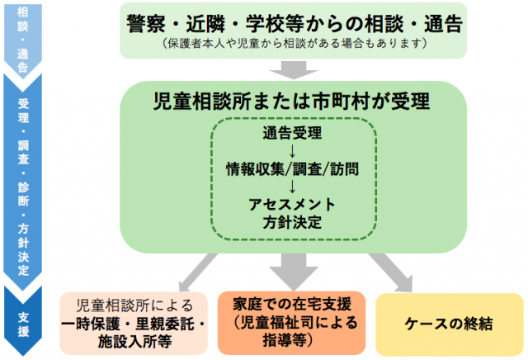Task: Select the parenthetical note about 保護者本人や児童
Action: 292,42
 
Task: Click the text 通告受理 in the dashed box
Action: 292,132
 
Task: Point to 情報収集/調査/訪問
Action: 292,168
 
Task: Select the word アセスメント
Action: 292,205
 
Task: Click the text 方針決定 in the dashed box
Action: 292,222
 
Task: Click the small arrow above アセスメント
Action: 292,187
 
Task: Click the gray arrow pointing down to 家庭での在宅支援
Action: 292,269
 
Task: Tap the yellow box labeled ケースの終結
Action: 450,322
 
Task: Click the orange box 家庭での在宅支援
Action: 292,321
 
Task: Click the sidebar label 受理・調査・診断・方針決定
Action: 23,186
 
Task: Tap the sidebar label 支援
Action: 23,323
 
